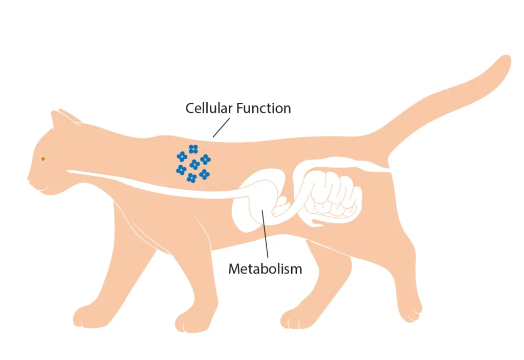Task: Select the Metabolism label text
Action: pyautogui.click(x=265, y=268)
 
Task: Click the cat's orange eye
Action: pyautogui.click(x=43, y=159)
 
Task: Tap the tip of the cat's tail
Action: pyautogui.click(x=505, y=61)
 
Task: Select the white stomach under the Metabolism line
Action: pyautogui.click(x=251, y=205)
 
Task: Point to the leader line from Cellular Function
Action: pyautogui.click(x=221, y=128)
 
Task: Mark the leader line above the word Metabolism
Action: pyautogui.click(x=266, y=235)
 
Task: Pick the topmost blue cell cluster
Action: pyautogui.click(x=193, y=149)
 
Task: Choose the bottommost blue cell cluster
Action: pyautogui.click(x=191, y=178)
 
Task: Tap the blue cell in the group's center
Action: pyautogui.click(x=194, y=165)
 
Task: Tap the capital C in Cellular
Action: pyautogui.click(x=190, y=108)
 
